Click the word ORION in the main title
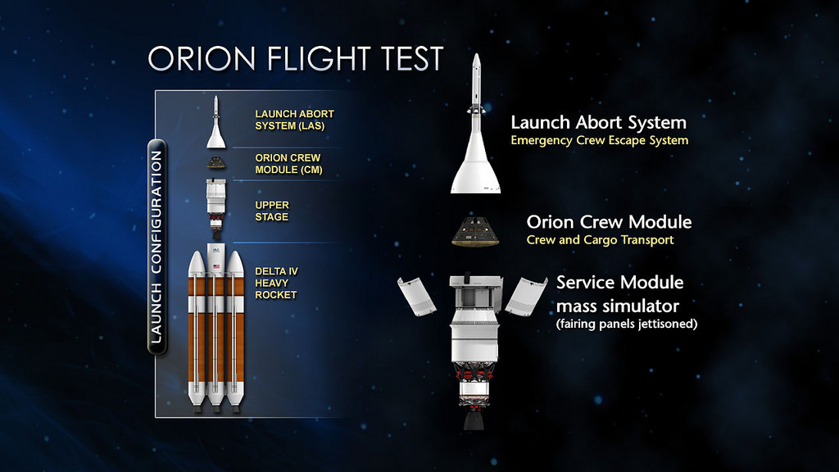pyautogui.click(x=202, y=58)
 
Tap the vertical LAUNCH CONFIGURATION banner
pyautogui.click(x=156, y=247)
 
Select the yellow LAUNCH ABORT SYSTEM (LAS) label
pyautogui.click(x=294, y=120)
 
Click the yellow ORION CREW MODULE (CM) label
pyautogui.click(x=288, y=164)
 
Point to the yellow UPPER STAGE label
pyautogui.click(x=272, y=211)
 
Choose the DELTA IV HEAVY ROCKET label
pyautogui.click(x=276, y=283)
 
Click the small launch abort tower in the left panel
pyautogui.click(x=215, y=122)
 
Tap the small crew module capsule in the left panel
pyautogui.click(x=216, y=163)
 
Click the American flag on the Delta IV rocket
pyautogui.click(x=216, y=266)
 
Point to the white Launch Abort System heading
pyautogui.click(x=598, y=123)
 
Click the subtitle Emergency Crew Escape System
pyautogui.click(x=599, y=141)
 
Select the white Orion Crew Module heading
pyautogui.click(x=609, y=222)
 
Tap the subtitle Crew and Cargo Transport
pyautogui.click(x=600, y=240)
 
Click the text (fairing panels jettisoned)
pyautogui.click(x=627, y=324)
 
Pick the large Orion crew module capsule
pyautogui.click(x=476, y=231)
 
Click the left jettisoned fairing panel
pyautogui.click(x=417, y=296)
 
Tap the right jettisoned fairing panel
pyautogui.click(x=526, y=296)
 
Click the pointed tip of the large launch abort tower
pyautogui.click(x=476, y=54)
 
